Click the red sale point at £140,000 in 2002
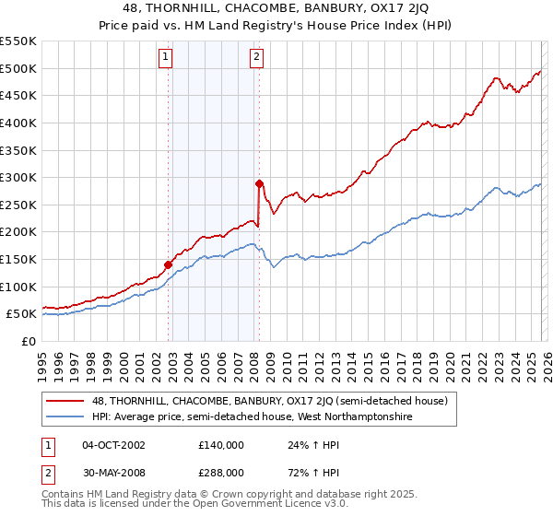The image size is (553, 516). pos(169,264)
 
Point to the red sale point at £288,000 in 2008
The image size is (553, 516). pos(259,183)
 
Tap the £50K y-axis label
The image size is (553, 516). pos(22,314)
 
